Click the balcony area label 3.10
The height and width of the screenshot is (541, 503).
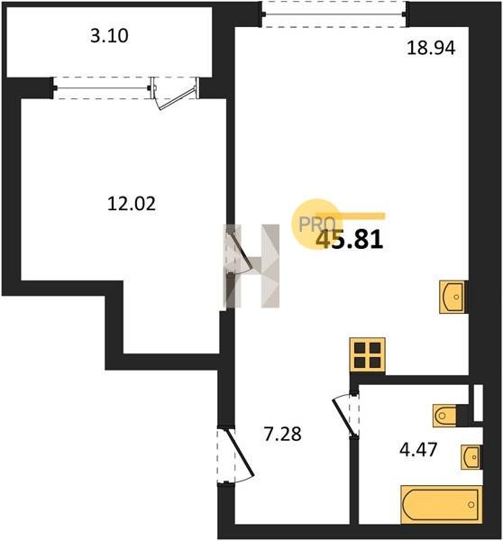tap(109, 35)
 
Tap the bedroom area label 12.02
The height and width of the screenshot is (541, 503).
tap(132, 203)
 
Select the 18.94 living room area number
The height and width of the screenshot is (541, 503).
tap(431, 48)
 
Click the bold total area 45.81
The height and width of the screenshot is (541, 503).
tap(350, 240)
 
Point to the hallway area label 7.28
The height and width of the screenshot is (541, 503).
tap(282, 434)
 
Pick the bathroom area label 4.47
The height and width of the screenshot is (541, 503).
tap(418, 450)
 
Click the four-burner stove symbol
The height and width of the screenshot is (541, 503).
tap(368, 355)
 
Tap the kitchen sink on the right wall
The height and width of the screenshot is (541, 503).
tap(452, 297)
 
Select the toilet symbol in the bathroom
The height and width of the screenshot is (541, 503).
tap(445, 416)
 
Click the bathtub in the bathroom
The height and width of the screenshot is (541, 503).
tap(441, 505)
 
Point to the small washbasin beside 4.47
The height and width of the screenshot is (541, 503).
tap(471, 457)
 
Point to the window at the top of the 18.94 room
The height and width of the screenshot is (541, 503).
tap(334, 14)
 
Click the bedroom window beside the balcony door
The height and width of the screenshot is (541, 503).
tap(102, 88)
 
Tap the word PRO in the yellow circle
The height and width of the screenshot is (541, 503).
tap(316, 224)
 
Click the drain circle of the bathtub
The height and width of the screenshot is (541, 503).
tap(471, 505)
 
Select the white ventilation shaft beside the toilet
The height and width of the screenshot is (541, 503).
tap(478, 403)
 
